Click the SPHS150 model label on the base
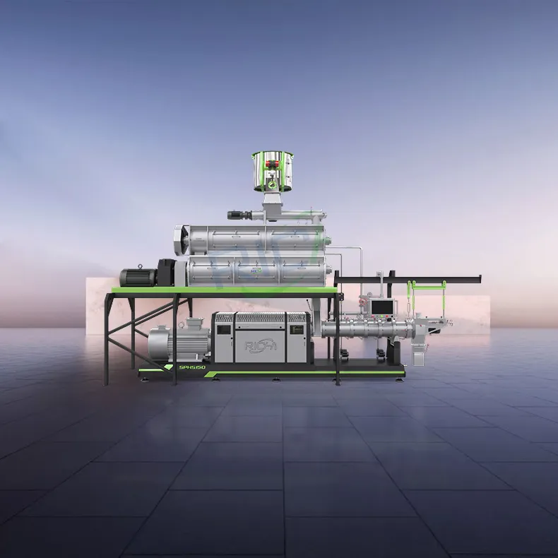click(182, 368)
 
